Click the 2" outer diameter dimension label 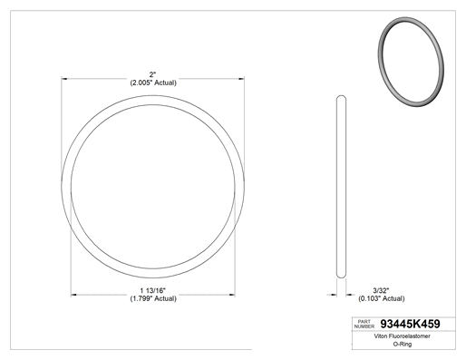[152, 74]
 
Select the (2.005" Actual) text [153, 83]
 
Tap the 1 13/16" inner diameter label [152, 290]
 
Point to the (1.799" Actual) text [153, 298]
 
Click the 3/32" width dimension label [381, 290]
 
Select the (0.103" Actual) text [382, 298]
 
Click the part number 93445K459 [410, 324]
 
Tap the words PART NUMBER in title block [364, 324]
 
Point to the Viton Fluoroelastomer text [402, 336]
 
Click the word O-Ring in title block [403, 344]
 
